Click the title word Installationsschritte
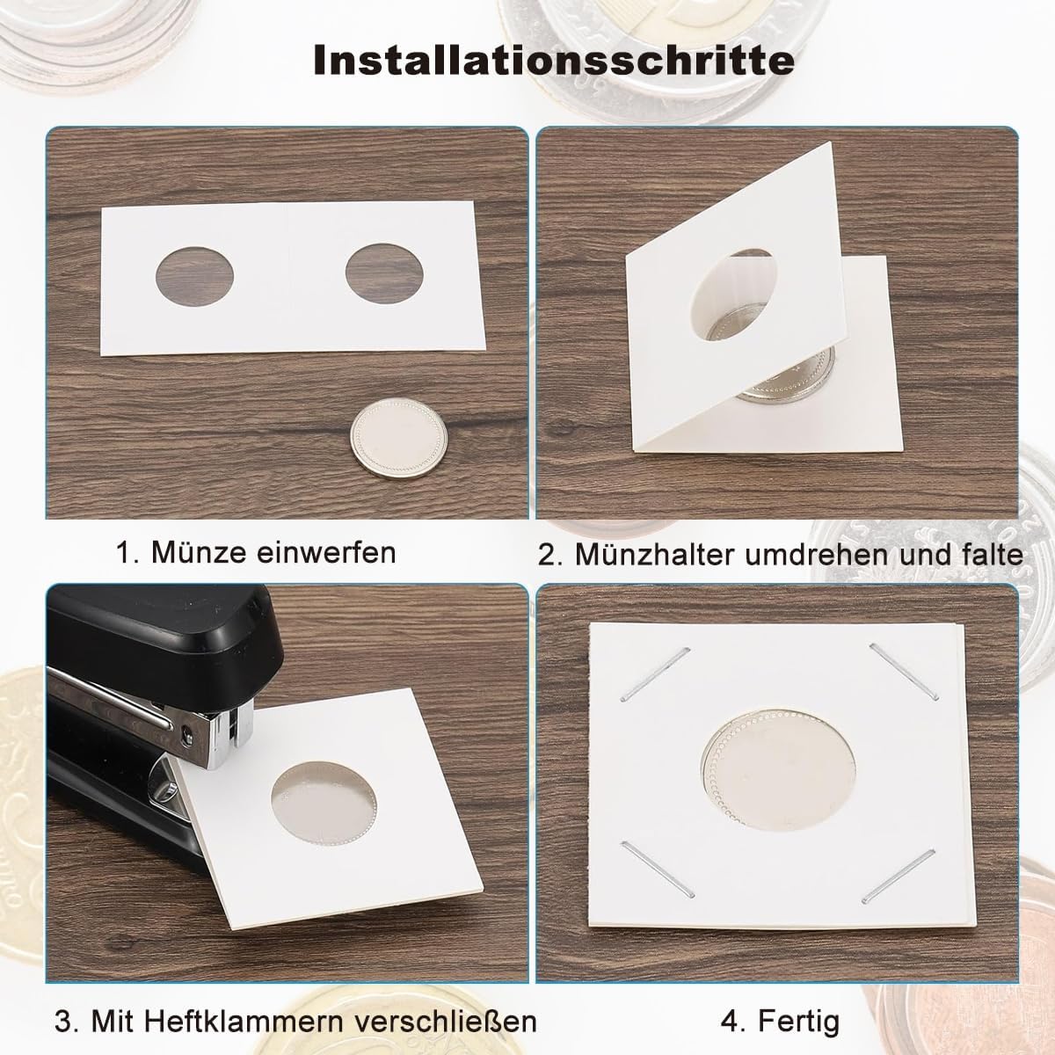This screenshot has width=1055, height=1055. click(x=554, y=62)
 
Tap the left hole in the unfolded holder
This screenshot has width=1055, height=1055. click(x=194, y=276)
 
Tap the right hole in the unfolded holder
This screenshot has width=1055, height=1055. click(x=384, y=273)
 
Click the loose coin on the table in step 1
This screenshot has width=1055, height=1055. click(x=398, y=438)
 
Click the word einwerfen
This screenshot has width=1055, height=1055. click(x=326, y=552)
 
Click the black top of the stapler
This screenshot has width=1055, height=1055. click(x=164, y=635)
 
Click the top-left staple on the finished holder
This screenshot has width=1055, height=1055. click(x=655, y=674)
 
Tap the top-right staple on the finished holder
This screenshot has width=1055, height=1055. click(x=904, y=672)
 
